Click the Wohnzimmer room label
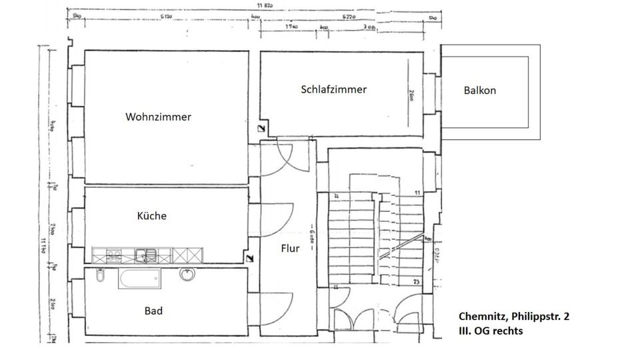click(x=158, y=117)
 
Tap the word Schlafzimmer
click(x=333, y=89)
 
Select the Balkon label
click(x=480, y=90)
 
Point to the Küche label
click(x=151, y=216)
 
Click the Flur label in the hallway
click(x=290, y=249)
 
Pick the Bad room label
click(x=153, y=311)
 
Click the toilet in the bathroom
click(x=100, y=275)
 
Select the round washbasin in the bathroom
click(x=187, y=274)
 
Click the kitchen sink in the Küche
click(x=145, y=254)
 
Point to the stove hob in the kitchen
click(x=114, y=254)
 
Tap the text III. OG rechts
click(x=491, y=331)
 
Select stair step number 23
click(x=416, y=282)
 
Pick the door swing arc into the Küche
click(x=280, y=220)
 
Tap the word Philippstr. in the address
click(x=537, y=317)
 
